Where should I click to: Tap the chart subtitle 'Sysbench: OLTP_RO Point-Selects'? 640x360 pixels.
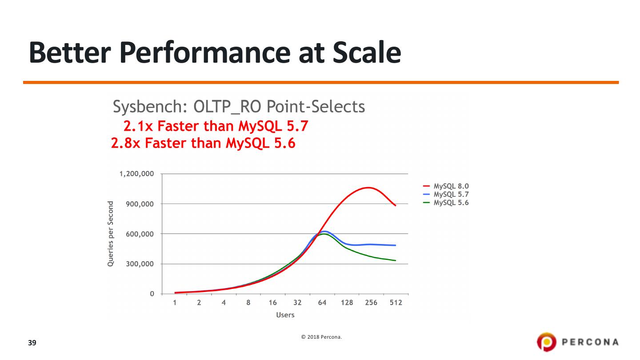coord(239,107)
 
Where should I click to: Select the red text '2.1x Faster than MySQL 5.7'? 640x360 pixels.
coord(216,127)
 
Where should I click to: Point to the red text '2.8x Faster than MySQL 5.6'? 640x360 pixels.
coord(203,144)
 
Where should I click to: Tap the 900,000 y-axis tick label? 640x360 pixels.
coord(140,204)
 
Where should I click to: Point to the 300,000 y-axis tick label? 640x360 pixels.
coord(140,264)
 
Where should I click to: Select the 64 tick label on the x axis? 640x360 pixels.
coord(322,303)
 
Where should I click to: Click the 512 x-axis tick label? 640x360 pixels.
coord(396,303)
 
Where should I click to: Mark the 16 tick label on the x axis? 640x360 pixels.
coord(272,303)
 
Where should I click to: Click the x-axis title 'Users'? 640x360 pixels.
coord(285,315)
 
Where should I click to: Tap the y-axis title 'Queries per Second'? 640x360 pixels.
coord(111,234)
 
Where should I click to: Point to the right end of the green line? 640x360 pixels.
coord(395,260)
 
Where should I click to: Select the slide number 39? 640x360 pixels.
coord(32,343)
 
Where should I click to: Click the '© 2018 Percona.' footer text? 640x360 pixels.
coord(321,337)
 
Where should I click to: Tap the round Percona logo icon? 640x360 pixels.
coord(546,342)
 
